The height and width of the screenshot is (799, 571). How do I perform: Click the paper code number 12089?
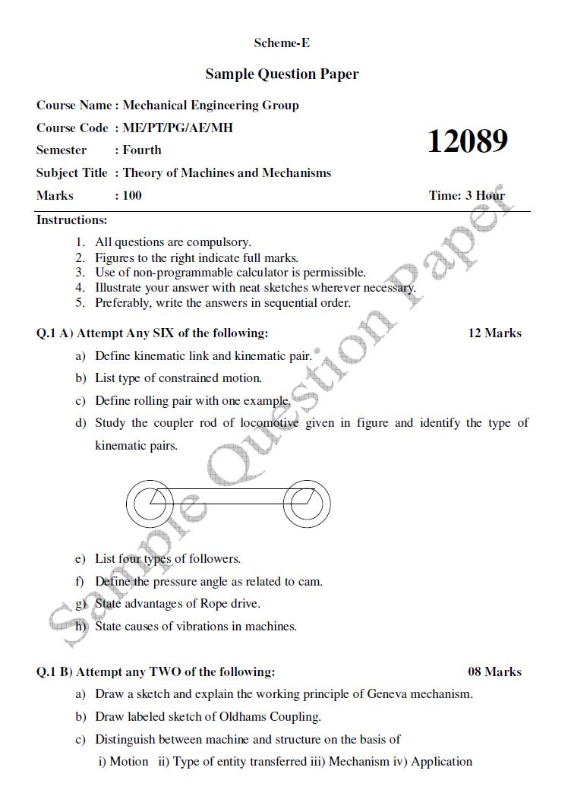click(467, 141)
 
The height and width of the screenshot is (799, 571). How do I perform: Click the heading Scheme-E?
click(282, 43)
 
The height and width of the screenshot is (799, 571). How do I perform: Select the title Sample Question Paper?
click(282, 74)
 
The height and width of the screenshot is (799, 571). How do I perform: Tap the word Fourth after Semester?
click(142, 150)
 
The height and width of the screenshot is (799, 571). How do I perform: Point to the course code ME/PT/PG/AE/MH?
click(178, 128)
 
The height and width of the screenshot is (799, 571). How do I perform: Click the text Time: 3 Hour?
click(466, 195)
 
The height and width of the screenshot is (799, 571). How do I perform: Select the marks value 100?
click(132, 195)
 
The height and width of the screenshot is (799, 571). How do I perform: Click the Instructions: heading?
click(72, 220)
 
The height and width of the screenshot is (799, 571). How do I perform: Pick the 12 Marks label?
click(494, 333)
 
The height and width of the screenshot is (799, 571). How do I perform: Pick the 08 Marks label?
click(494, 671)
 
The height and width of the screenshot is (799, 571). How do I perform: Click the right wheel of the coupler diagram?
click(307, 502)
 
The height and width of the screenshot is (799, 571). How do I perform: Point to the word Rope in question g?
click(213, 604)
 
